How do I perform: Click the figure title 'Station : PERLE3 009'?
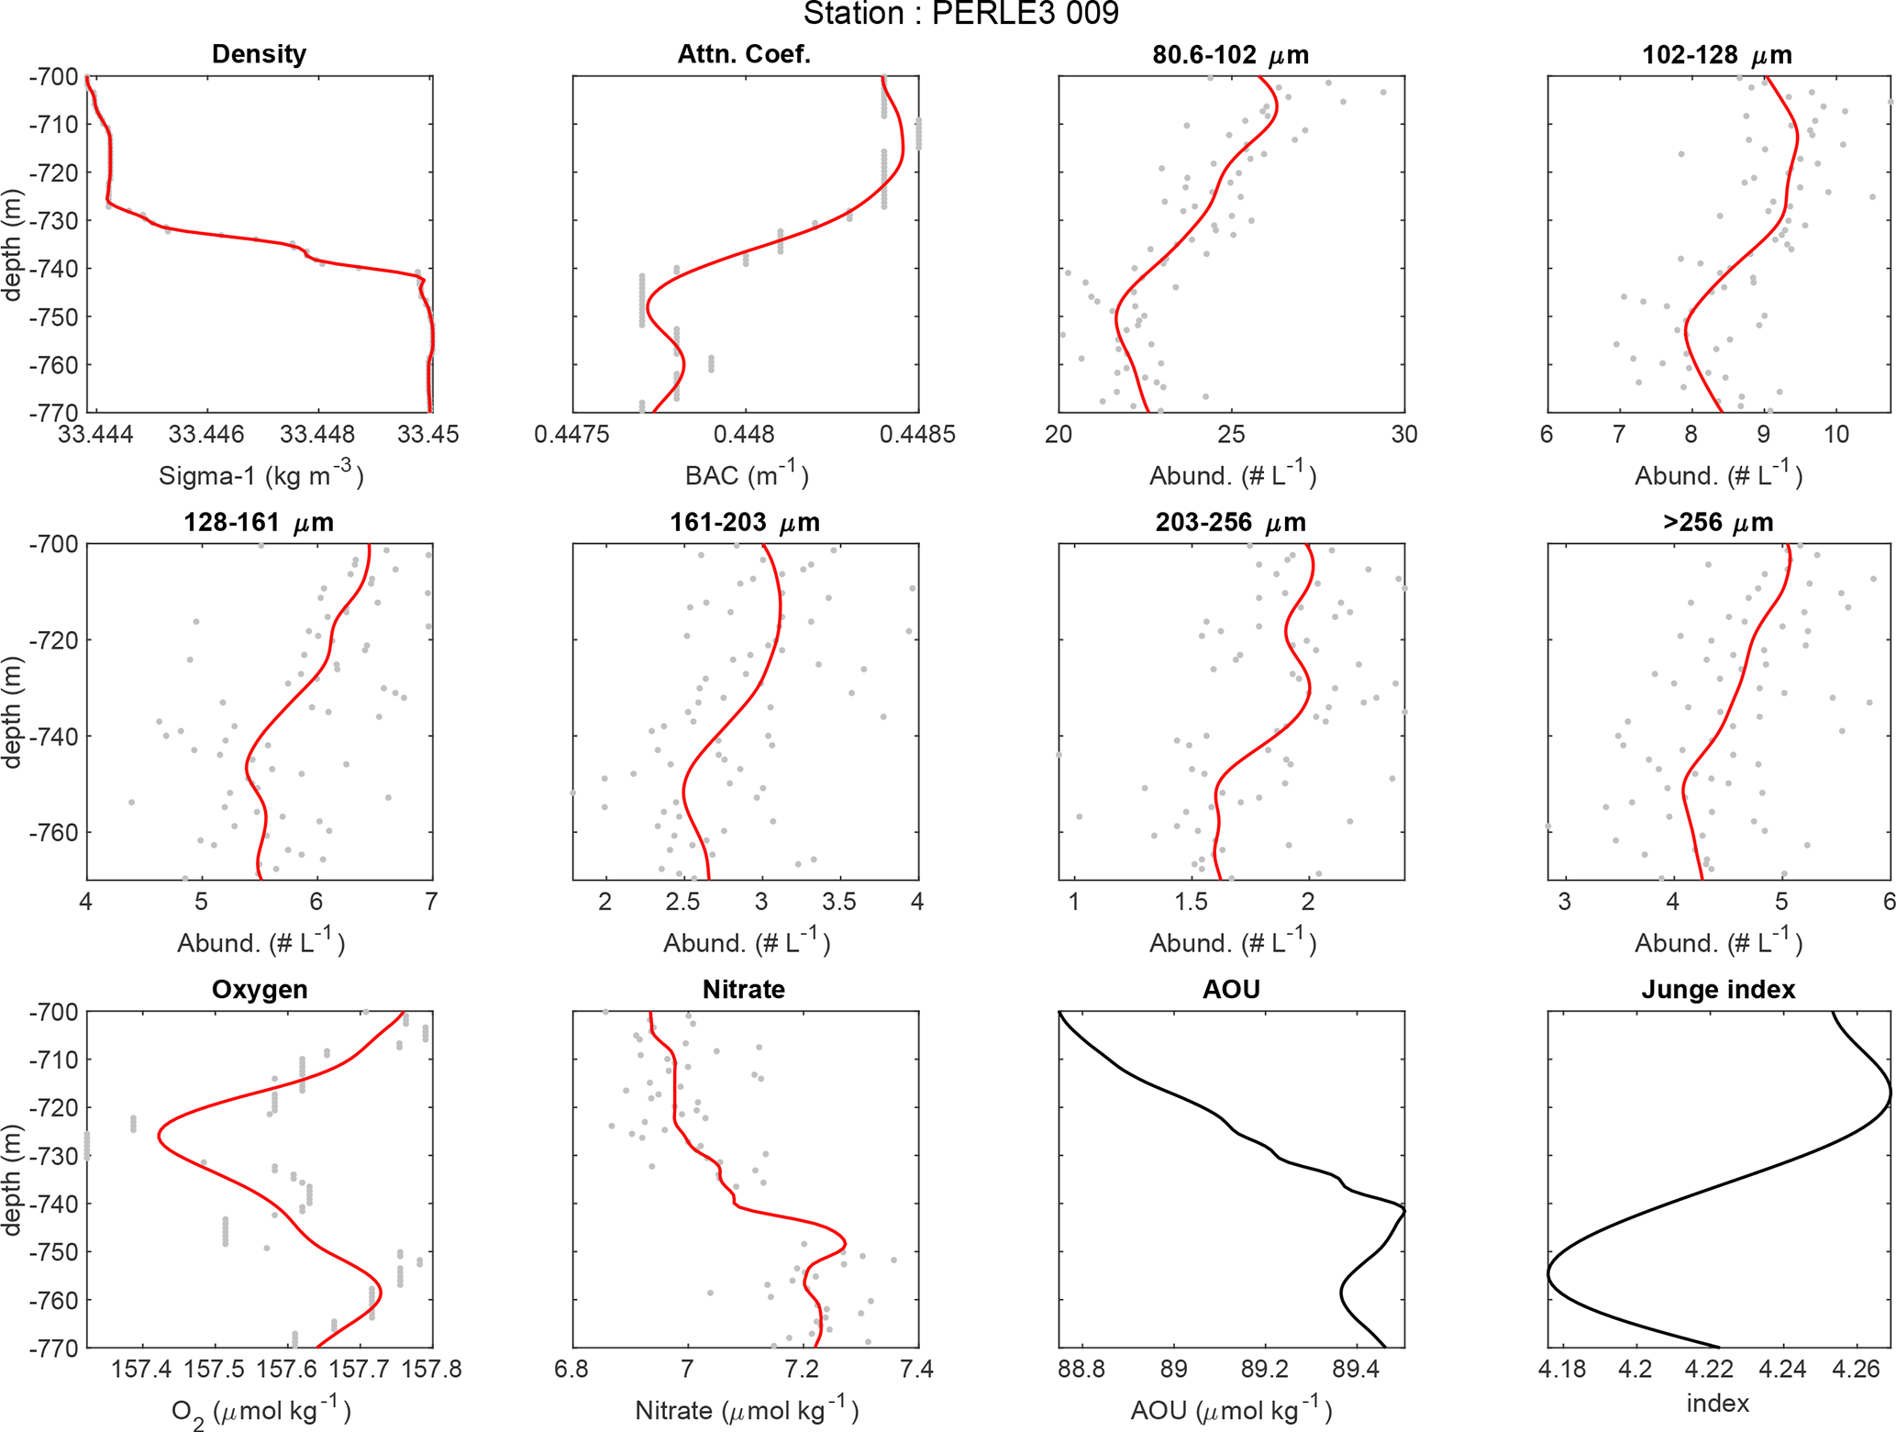(960, 14)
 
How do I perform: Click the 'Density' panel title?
(259, 54)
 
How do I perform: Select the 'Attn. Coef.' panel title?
(744, 54)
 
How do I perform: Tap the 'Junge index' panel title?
(1718, 989)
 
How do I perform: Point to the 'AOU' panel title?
(1231, 989)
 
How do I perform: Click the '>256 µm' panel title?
(1718, 522)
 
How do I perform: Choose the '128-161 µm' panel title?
(259, 522)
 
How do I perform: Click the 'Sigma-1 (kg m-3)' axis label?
(261, 474)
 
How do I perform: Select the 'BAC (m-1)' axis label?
(747, 474)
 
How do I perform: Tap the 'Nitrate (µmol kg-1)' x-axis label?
(747, 1410)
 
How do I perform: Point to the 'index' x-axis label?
(1718, 1404)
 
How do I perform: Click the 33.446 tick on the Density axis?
(207, 434)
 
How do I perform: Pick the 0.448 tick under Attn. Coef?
(745, 434)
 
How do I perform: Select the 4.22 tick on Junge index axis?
(1709, 1370)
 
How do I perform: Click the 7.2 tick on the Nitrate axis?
(802, 1370)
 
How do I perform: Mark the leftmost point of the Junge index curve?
(1548, 1275)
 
